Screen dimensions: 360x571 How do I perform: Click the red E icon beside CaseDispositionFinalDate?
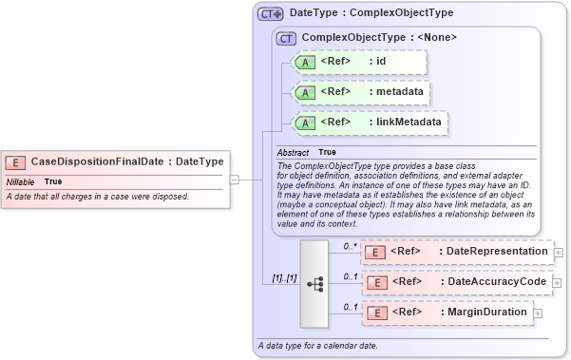(x=16, y=161)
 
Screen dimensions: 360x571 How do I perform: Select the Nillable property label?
(x=21, y=181)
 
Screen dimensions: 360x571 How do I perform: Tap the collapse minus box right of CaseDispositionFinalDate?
(x=234, y=178)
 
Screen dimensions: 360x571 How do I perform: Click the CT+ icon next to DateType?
(x=271, y=14)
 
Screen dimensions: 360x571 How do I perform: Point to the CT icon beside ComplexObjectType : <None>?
(x=286, y=38)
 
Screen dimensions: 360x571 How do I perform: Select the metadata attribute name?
(x=396, y=92)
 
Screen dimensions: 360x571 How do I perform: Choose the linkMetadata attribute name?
(x=408, y=123)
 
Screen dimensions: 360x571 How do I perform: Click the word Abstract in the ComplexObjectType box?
(x=293, y=152)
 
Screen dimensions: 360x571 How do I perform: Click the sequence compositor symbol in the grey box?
(x=315, y=282)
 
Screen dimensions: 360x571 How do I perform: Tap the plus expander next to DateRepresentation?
(x=559, y=252)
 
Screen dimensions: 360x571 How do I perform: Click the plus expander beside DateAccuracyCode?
(x=559, y=282)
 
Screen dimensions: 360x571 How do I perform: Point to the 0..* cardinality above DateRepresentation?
(x=349, y=246)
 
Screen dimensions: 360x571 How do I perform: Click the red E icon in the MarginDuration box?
(x=375, y=313)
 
